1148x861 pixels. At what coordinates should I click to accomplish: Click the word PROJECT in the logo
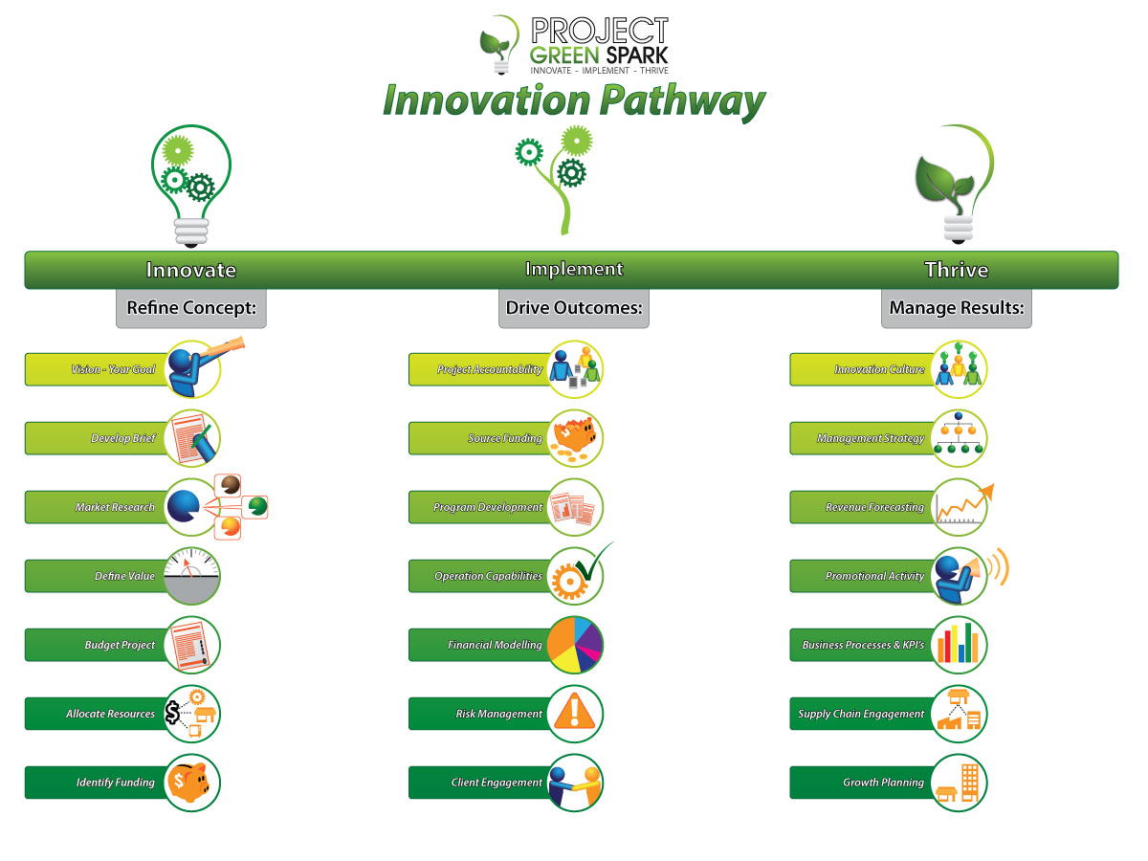(600, 31)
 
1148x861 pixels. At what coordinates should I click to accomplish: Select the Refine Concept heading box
(191, 308)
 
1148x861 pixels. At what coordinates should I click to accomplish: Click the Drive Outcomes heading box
(574, 308)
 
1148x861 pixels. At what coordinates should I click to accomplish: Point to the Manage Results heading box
(957, 308)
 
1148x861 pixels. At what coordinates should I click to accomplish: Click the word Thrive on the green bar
(957, 270)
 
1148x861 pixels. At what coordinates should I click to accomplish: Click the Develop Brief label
(123, 438)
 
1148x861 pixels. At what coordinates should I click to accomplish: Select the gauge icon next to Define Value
(192, 576)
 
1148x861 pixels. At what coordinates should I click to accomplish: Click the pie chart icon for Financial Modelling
(575, 645)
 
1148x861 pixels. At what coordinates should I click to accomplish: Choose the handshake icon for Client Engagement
(575, 783)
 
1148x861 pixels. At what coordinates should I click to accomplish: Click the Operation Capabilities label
(489, 576)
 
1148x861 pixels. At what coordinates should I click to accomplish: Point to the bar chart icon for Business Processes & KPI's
(959, 645)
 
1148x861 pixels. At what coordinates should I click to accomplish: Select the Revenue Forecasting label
(875, 507)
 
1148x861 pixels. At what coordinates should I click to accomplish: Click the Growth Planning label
(883, 783)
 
